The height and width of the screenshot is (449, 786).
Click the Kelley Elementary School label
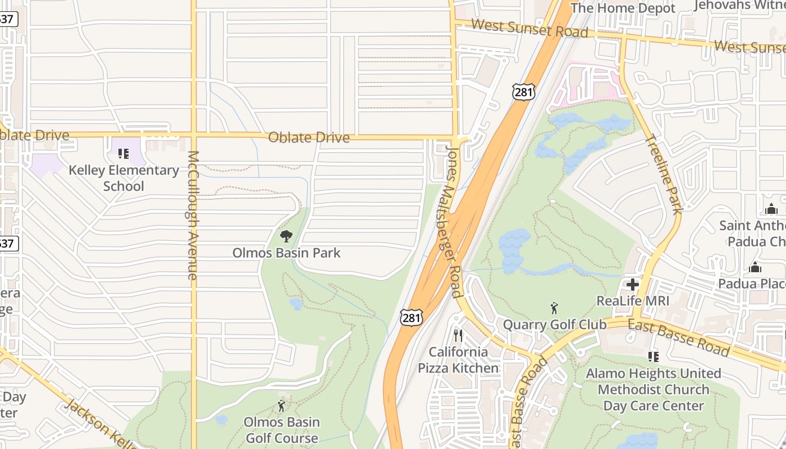(x=124, y=178)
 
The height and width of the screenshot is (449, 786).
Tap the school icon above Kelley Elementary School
(x=124, y=153)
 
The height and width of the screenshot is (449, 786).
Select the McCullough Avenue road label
(x=193, y=215)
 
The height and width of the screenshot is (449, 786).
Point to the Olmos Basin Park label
(x=286, y=253)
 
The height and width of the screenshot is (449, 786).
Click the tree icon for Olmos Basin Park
(x=286, y=236)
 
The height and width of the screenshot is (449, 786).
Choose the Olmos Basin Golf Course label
(x=281, y=430)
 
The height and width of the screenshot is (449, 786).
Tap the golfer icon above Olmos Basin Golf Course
(x=281, y=406)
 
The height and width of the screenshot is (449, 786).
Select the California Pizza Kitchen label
(x=458, y=360)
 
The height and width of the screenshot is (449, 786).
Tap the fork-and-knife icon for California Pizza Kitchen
(x=458, y=336)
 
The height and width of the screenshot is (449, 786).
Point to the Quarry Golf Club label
(x=554, y=324)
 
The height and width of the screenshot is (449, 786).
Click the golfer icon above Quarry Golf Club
(x=554, y=308)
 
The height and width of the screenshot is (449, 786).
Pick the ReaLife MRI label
(x=633, y=301)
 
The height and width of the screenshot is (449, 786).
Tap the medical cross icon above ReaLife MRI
(x=633, y=285)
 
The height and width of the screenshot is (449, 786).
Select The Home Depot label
(x=623, y=8)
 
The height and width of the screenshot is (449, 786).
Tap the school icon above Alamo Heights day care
(x=653, y=356)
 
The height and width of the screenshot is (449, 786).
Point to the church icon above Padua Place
(x=755, y=267)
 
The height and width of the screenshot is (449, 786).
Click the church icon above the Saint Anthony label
(x=771, y=209)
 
